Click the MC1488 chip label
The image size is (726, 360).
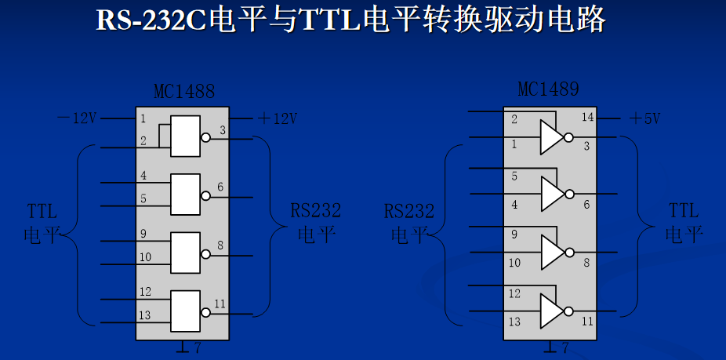(x=183, y=93)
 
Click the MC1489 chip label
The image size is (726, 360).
(x=549, y=89)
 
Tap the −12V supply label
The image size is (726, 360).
(x=77, y=118)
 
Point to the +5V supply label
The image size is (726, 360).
(x=644, y=118)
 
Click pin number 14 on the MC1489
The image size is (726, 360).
(x=587, y=118)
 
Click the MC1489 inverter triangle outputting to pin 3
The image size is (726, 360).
(x=550, y=137)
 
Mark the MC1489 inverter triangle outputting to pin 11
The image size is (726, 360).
(x=550, y=311)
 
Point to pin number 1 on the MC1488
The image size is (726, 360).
(x=143, y=118)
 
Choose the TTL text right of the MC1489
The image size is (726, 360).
(x=684, y=210)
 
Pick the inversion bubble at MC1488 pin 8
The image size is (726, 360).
(x=205, y=253)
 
